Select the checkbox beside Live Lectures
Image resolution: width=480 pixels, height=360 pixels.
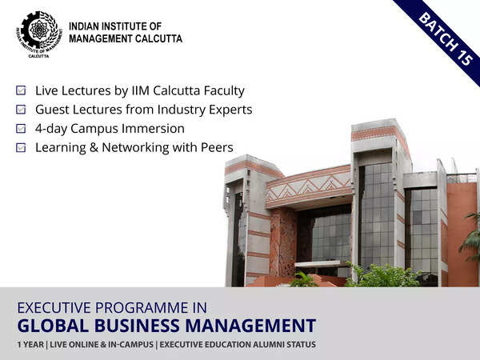[x=21, y=91]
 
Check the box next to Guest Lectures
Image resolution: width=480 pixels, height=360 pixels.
[x=21, y=110]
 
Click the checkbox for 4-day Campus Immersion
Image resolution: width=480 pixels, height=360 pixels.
[x=21, y=129]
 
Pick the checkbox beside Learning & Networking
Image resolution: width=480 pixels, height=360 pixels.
[x=21, y=148]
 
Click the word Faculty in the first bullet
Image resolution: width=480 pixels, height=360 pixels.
[x=223, y=91]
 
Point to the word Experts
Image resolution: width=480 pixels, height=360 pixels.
[x=230, y=110]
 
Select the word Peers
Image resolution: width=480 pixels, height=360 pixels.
[x=217, y=148]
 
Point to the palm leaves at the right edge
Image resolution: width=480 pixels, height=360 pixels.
[x=470, y=240]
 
